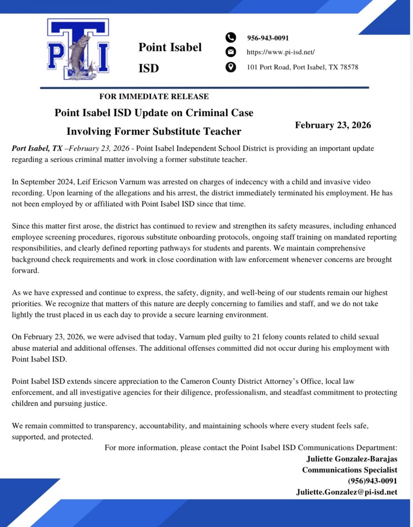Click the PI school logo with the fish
[x=78, y=49]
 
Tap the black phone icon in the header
[x=231, y=37]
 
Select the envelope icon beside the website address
[x=231, y=52]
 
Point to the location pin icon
[x=231, y=67]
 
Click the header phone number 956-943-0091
[x=268, y=38]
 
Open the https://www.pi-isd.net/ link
[x=280, y=52]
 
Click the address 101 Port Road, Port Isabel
[x=302, y=67]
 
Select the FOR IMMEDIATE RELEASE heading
[x=154, y=96]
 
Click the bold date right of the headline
[x=333, y=125]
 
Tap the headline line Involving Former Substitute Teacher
[x=154, y=131]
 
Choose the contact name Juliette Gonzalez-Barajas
[x=351, y=459]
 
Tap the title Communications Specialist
[x=349, y=470]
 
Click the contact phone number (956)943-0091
[x=372, y=481]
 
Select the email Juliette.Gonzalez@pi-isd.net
[x=346, y=492]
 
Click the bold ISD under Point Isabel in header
[x=149, y=68]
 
